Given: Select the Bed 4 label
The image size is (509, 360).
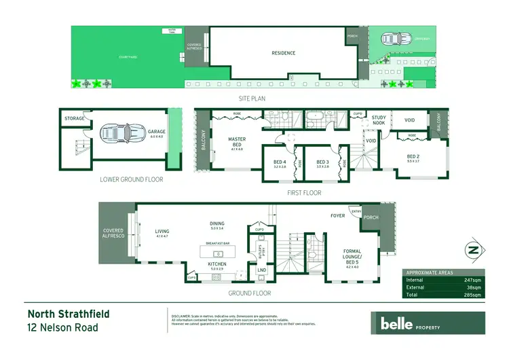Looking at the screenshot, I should [x=279, y=162].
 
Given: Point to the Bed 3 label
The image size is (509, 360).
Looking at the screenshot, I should [x=322, y=162].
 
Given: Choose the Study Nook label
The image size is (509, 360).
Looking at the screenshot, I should [x=379, y=120].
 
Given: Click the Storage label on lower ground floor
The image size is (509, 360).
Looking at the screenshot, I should [x=75, y=119].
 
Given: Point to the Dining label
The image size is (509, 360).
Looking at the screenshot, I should [x=216, y=223].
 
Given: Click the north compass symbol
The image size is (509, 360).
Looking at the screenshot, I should [x=472, y=249].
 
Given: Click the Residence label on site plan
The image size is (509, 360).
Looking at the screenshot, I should [x=283, y=53].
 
